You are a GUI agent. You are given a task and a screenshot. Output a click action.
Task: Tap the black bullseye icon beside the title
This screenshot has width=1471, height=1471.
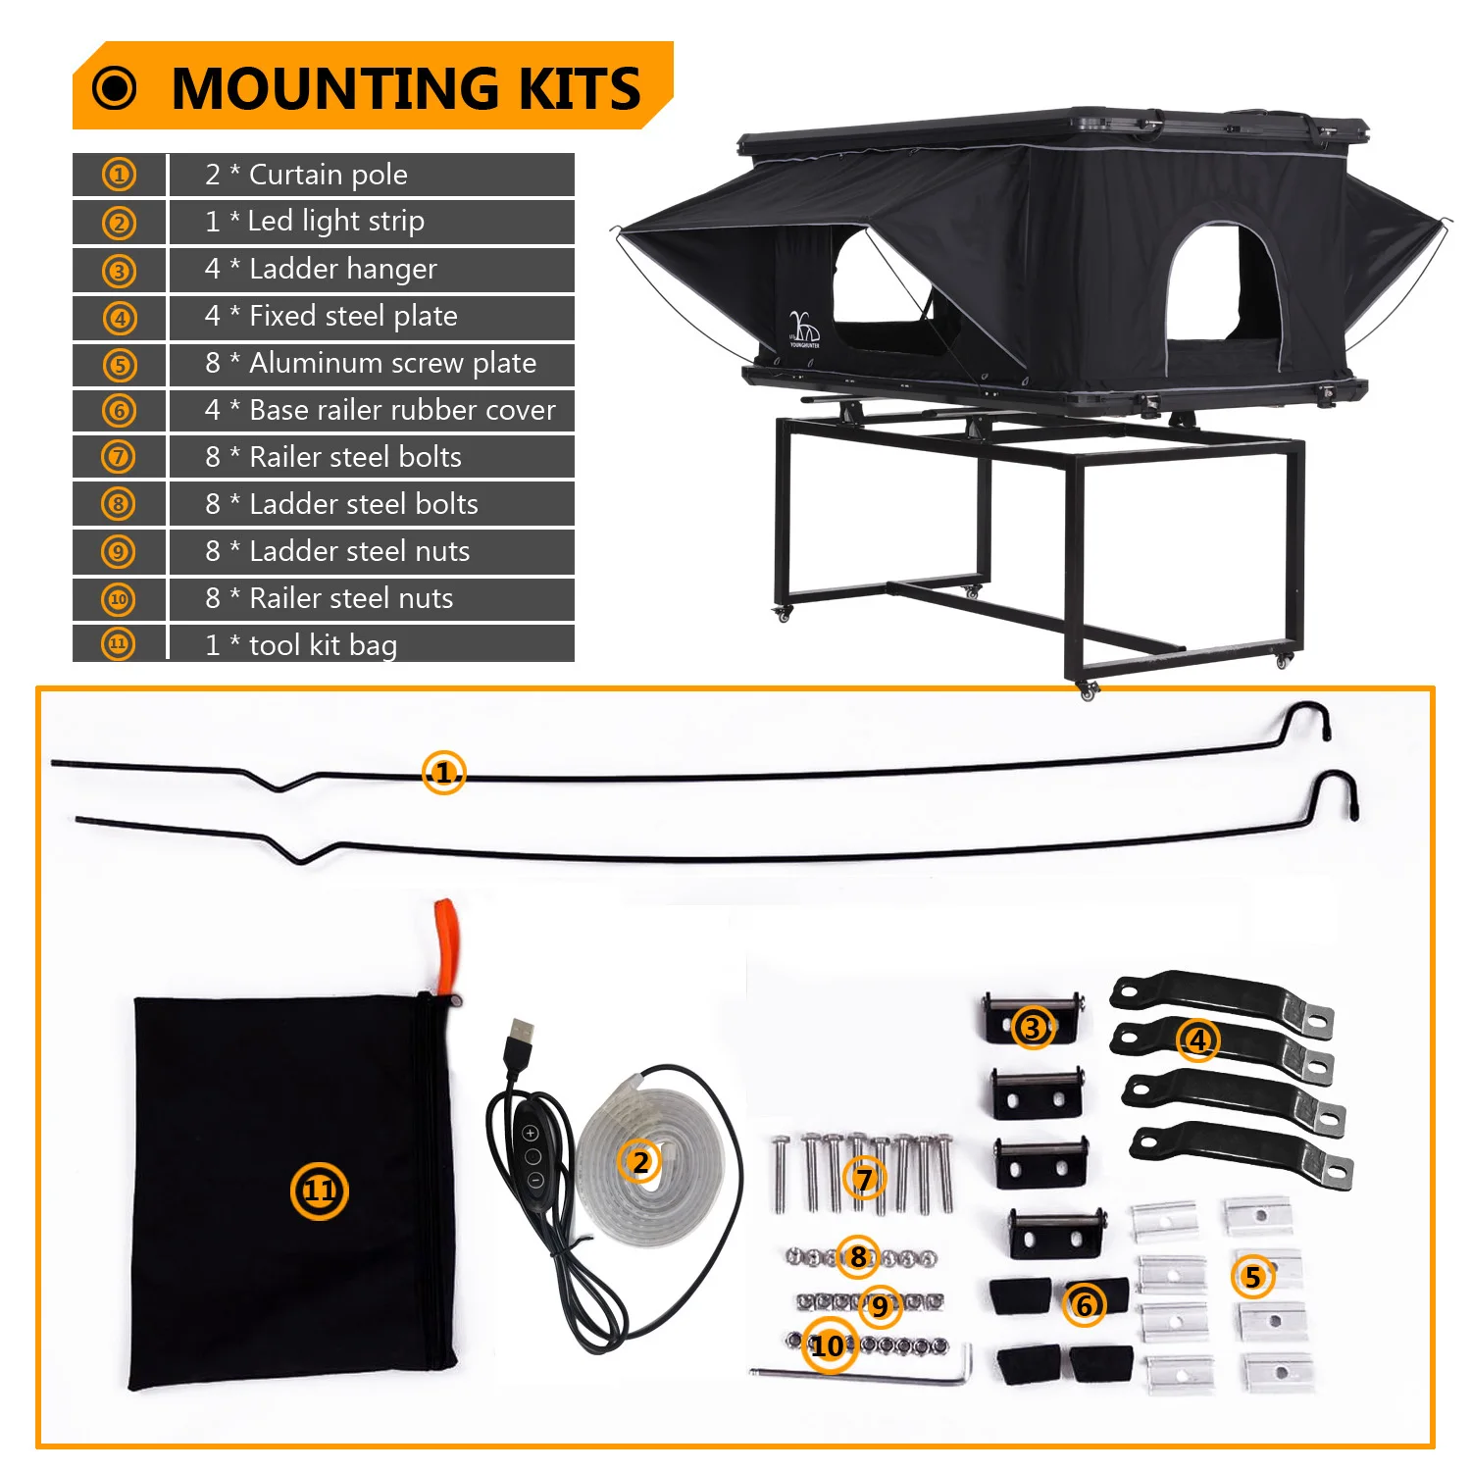point(115,88)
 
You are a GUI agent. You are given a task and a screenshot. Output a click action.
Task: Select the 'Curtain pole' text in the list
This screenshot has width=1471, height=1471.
point(328,175)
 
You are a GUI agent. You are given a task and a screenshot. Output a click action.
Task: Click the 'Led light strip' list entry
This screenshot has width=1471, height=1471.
point(335,222)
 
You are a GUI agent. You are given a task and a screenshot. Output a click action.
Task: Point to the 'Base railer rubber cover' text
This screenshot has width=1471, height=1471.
point(402,410)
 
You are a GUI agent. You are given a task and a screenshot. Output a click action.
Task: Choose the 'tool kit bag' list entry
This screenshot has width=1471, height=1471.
point(323,645)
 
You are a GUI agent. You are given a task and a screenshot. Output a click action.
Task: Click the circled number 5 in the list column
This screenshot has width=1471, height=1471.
point(120,365)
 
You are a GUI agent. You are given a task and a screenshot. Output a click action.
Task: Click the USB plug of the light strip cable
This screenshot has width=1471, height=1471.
point(521,1040)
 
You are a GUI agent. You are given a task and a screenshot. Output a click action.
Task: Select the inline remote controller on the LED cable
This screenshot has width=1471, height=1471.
point(533,1157)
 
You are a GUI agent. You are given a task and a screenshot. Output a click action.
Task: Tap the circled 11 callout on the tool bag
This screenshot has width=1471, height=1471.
point(320,1191)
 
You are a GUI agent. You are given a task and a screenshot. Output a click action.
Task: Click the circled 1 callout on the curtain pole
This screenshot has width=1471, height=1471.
point(443,773)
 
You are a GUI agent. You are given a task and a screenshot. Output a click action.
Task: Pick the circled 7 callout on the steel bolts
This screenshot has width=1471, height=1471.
point(864,1178)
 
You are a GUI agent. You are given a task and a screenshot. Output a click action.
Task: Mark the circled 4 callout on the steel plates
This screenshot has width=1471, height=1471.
point(1197,1040)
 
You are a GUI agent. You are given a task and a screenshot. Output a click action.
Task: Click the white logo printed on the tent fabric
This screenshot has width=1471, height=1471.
point(804,329)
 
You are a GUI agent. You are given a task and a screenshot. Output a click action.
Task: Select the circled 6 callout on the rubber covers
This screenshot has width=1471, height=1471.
point(1085,1305)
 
